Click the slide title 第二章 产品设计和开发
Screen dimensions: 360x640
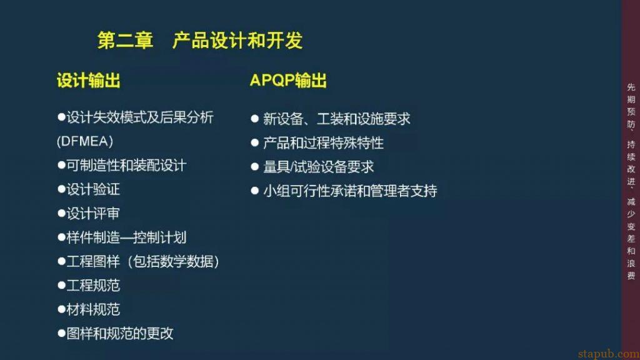point(200,40)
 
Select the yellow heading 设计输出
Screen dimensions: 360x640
point(88,81)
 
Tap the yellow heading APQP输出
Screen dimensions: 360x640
point(288,81)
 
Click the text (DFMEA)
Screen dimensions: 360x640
point(84,141)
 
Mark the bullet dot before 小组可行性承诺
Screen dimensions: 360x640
point(254,191)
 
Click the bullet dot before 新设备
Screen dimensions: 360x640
point(254,118)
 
